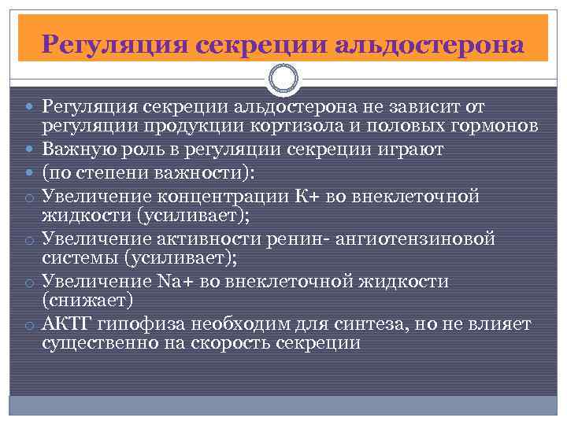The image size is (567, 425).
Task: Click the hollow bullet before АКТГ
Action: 27,326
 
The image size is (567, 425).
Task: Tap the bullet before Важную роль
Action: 28,150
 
